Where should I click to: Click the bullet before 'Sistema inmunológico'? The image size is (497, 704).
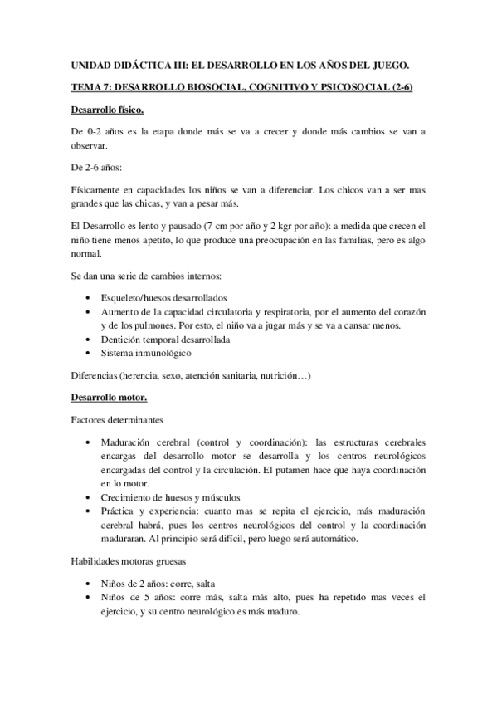pos(88,353)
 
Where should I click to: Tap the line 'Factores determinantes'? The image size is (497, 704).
pos(117,421)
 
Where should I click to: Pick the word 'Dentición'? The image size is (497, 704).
pos(120,340)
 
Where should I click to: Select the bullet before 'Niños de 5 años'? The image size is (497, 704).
pos(88,598)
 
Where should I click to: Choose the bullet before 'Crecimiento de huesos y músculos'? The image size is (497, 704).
pos(88,497)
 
